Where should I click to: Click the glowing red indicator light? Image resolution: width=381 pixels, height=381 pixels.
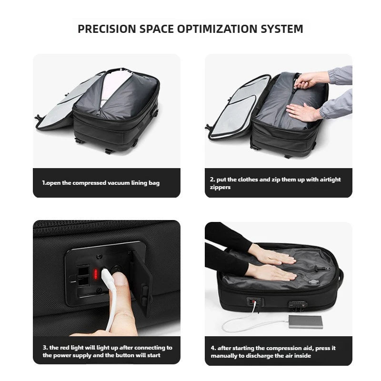(96, 274)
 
